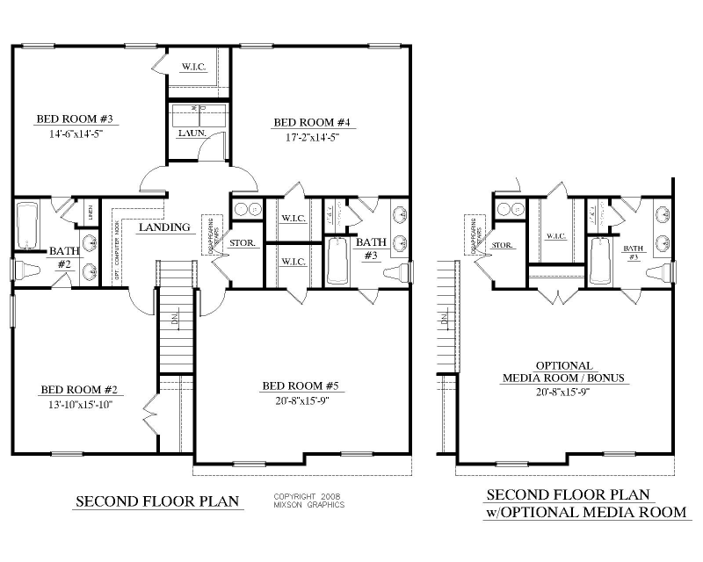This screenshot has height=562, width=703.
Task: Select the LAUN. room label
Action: pyautogui.click(x=192, y=133)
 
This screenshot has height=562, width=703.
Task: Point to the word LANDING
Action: pyautogui.click(x=164, y=227)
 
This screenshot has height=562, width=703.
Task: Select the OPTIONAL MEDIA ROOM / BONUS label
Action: pyautogui.click(x=563, y=371)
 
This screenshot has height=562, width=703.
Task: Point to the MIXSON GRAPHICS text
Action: pyautogui.click(x=308, y=505)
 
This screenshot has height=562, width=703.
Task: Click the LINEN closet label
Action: pyautogui.click(x=90, y=212)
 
